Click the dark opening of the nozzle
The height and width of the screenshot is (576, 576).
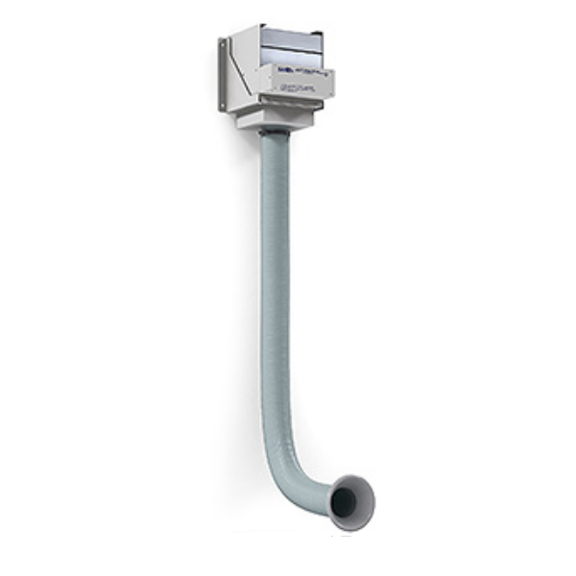point(346,500)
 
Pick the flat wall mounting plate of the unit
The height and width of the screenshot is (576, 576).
point(224,75)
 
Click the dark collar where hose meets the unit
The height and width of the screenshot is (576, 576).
point(275,131)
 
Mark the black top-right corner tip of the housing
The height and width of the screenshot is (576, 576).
point(321,33)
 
